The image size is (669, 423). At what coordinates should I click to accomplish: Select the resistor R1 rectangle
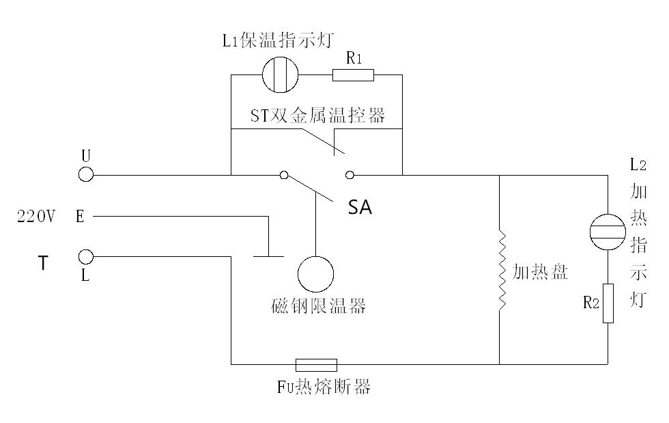click(x=353, y=74)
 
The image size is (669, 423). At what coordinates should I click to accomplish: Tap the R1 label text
click(x=354, y=58)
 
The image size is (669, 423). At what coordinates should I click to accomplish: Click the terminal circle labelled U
click(x=86, y=175)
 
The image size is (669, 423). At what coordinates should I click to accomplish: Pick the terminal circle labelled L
click(x=86, y=258)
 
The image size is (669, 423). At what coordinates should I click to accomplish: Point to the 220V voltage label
click(x=35, y=217)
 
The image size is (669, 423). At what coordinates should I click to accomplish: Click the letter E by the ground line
click(x=80, y=217)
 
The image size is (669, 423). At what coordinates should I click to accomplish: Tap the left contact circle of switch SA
click(x=284, y=175)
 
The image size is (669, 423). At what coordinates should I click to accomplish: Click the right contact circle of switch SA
click(x=350, y=175)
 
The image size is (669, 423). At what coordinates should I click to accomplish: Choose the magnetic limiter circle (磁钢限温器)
click(x=316, y=274)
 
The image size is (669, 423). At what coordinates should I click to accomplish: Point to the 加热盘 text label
click(x=540, y=272)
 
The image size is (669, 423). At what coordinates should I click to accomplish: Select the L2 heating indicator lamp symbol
click(x=607, y=230)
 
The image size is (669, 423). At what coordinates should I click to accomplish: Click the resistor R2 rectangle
click(x=607, y=303)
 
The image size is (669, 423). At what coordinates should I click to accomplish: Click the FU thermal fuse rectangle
click(x=316, y=364)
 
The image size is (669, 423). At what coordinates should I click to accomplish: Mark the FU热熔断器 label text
click(x=324, y=387)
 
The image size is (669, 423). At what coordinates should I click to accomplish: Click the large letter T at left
click(x=43, y=263)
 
